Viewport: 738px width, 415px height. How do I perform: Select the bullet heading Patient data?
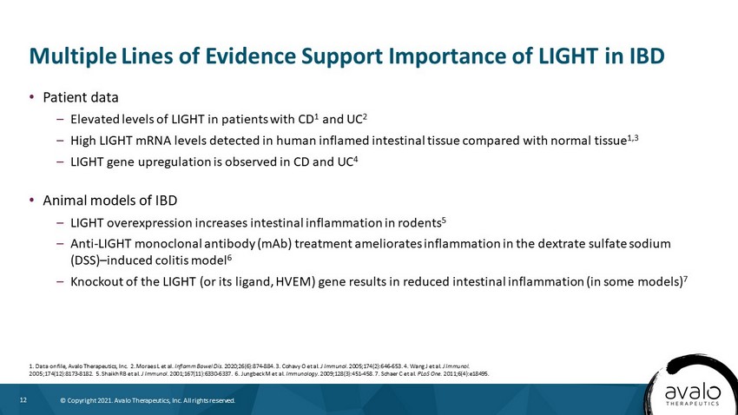81,97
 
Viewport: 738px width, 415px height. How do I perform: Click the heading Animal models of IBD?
110,201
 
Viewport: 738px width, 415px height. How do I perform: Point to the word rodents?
419,222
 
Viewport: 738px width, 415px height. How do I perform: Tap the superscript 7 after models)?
685,279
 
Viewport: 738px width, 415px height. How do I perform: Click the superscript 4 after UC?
355,160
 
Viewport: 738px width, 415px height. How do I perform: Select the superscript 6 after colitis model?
230,257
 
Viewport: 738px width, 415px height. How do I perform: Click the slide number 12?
23,400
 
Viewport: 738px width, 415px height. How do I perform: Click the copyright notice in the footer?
148,400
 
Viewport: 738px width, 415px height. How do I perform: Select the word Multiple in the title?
72,56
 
